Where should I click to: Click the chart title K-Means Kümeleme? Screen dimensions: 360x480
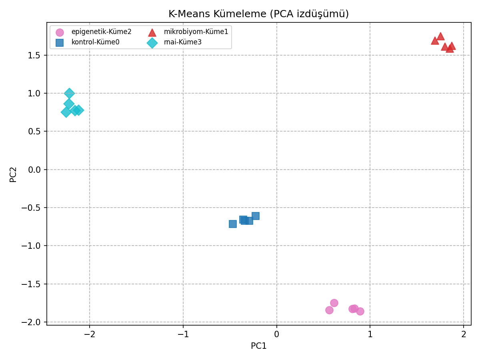click(x=258, y=14)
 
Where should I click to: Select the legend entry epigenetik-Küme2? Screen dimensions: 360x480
click(x=101, y=32)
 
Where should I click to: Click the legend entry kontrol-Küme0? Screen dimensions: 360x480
click(x=95, y=42)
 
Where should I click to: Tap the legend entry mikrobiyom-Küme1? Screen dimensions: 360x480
click(x=196, y=32)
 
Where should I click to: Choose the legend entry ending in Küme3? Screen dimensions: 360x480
click(x=183, y=42)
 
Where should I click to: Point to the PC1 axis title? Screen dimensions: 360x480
click(x=258, y=346)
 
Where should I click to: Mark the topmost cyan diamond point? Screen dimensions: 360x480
click(x=69, y=93)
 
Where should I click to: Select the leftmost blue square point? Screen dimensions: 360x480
click(x=233, y=224)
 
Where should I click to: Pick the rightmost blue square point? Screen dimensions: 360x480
click(x=256, y=216)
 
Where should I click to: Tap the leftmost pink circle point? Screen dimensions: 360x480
click(x=329, y=310)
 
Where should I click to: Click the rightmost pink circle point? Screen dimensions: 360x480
click(x=360, y=311)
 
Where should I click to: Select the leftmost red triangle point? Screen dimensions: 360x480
click(x=435, y=41)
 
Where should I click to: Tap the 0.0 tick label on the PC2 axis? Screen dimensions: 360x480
click(x=35, y=170)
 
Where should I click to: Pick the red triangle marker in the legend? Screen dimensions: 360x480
click(x=152, y=32)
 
